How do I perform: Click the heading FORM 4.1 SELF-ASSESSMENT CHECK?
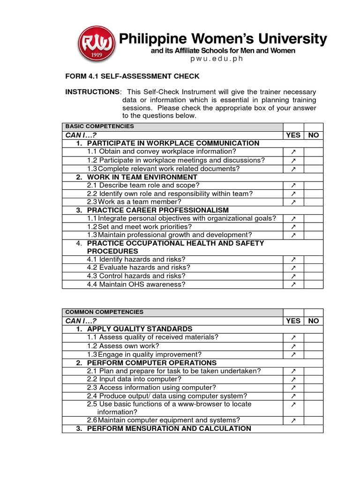pyautogui.click(x=132, y=76)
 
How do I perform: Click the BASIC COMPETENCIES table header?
pyautogui.click(x=99, y=127)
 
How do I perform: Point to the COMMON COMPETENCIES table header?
pyautogui.click(x=105, y=312)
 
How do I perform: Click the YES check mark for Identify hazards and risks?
pyautogui.click(x=293, y=259)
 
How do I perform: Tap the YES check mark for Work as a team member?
pyautogui.click(x=293, y=202)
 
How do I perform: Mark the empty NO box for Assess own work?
pyautogui.click(x=313, y=346)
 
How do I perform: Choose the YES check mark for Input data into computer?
pyautogui.click(x=293, y=379)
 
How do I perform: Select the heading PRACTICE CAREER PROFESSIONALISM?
pyautogui.click(x=157, y=210)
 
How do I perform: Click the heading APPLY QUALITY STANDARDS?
pyautogui.click(x=139, y=329)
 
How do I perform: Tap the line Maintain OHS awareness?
pyautogui.click(x=136, y=284)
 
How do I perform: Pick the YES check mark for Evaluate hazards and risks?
pyautogui.click(x=293, y=268)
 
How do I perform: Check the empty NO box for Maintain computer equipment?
pyautogui.click(x=313, y=420)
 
